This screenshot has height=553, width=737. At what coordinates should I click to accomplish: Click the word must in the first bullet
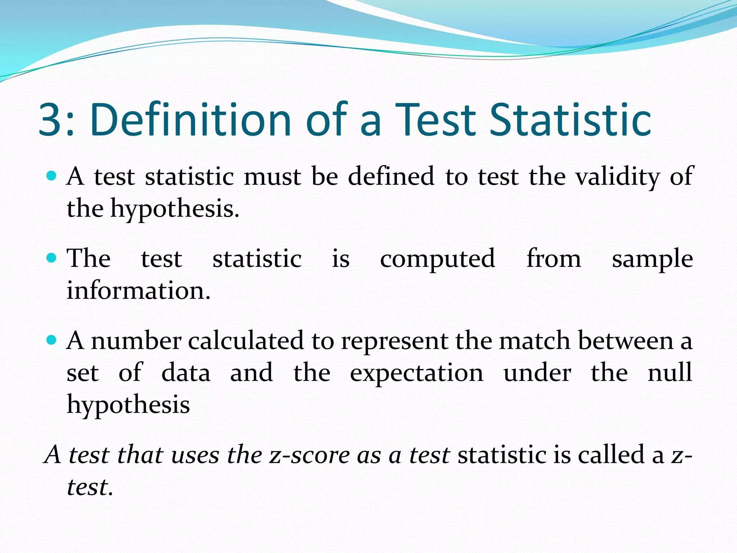[x=272, y=177]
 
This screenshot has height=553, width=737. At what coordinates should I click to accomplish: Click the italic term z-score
[x=309, y=455]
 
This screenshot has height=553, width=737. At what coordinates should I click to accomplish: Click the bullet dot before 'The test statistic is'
[x=52, y=258]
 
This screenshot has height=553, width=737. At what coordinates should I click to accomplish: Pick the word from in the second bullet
[x=553, y=258]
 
